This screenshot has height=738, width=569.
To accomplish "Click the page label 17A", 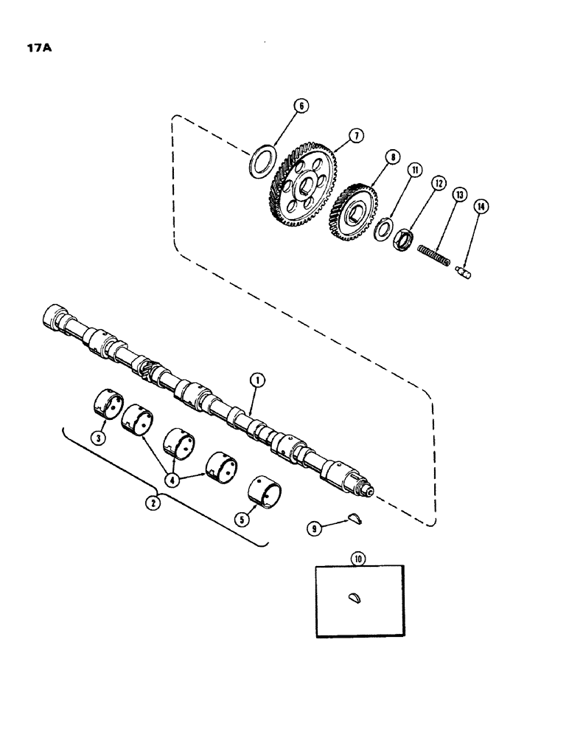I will click(x=27, y=51).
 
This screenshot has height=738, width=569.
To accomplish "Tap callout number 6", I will click(x=300, y=106).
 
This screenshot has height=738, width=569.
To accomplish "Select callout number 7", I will click(x=355, y=136).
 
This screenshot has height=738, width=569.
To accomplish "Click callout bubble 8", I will click(x=391, y=157).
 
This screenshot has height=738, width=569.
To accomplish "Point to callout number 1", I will click(x=256, y=381).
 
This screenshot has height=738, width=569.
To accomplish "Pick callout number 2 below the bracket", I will click(x=153, y=503).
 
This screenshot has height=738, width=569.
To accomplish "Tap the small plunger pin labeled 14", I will click(x=465, y=274).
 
